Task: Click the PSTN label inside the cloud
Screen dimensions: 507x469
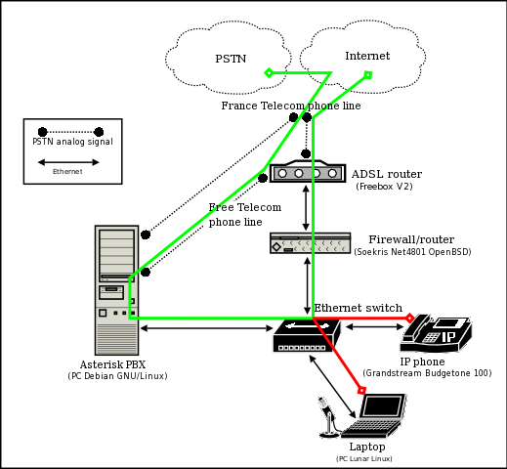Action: pos(231,59)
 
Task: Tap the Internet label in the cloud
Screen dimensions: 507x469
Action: pos(367,56)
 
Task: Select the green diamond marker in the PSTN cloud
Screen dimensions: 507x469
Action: pos(269,72)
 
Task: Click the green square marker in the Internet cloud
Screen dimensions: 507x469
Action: pos(368,75)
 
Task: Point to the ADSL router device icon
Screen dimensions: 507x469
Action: pos(308,171)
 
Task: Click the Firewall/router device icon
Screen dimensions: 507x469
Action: pos(311,243)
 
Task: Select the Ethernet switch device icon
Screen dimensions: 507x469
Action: pos(307,335)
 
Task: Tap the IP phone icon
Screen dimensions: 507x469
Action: pos(436,333)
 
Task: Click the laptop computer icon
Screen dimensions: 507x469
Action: pos(373,415)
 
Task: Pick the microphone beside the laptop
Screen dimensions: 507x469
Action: pos(328,417)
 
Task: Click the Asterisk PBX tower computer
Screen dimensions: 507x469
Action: pos(116,290)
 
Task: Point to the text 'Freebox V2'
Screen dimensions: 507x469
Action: pos(384,187)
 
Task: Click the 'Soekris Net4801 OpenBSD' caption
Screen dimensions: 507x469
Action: pos(412,252)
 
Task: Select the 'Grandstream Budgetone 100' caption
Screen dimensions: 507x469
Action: pos(427,373)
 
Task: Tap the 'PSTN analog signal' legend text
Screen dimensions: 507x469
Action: pos(72,142)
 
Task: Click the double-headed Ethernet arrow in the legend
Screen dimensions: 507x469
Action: pos(68,162)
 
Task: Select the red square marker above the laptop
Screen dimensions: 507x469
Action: pos(361,390)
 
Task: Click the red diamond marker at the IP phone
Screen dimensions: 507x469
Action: pos(409,318)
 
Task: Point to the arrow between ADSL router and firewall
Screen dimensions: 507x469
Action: pos(306,208)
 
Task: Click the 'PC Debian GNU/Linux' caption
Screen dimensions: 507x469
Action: pos(117,376)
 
